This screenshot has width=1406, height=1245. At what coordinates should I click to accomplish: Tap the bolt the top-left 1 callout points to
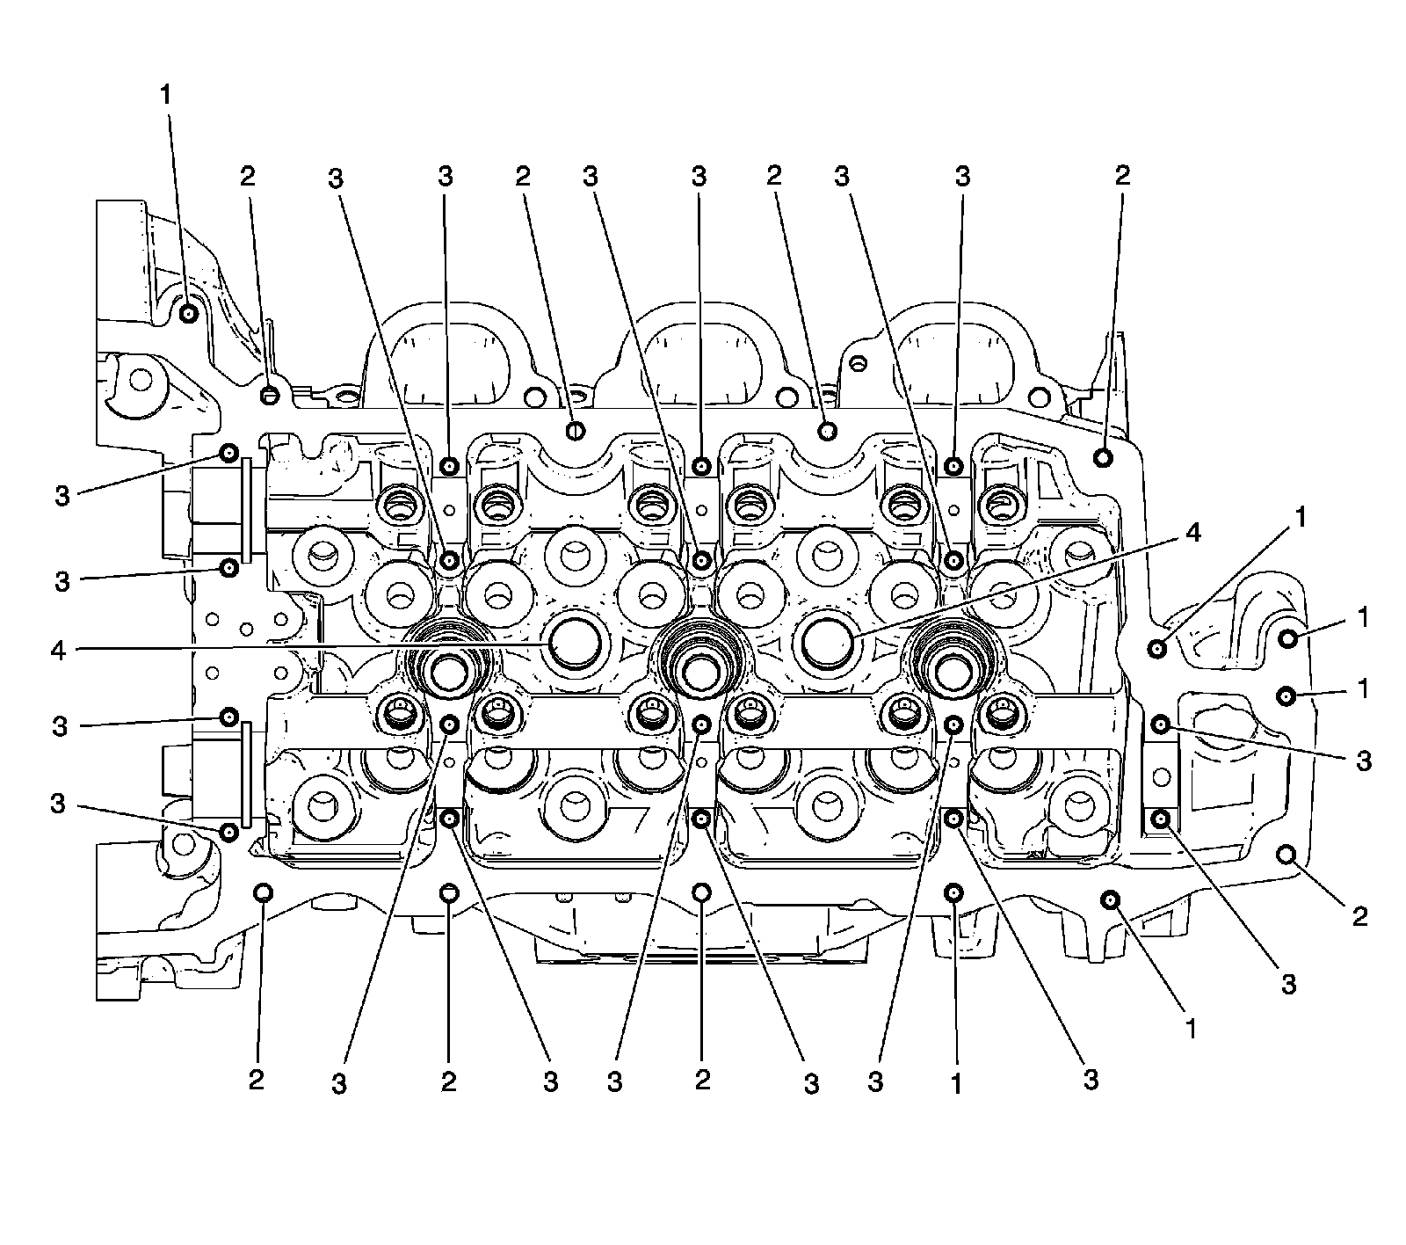click(x=188, y=313)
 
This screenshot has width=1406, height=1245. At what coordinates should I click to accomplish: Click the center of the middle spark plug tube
click(x=700, y=674)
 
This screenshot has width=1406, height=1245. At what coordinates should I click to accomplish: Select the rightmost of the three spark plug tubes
click(x=951, y=673)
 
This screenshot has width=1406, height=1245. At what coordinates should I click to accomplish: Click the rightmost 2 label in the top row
click(x=1122, y=175)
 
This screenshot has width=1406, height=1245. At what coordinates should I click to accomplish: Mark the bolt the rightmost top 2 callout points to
click(x=1103, y=456)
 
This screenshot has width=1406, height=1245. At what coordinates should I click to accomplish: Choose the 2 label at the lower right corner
click(x=1359, y=917)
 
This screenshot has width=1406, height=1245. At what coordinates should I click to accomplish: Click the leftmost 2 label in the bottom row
click(x=256, y=1080)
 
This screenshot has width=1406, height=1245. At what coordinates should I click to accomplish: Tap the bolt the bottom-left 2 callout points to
click(x=263, y=893)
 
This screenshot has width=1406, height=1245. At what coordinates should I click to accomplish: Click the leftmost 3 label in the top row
click(x=336, y=178)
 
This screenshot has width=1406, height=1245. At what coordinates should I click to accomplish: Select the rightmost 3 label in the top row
click(x=962, y=177)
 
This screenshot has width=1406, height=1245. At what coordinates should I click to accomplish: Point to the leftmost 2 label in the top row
click(x=248, y=176)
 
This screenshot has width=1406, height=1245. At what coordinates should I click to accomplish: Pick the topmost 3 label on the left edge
click(x=62, y=496)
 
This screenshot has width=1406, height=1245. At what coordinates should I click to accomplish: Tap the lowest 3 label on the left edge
click(x=58, y=804)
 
